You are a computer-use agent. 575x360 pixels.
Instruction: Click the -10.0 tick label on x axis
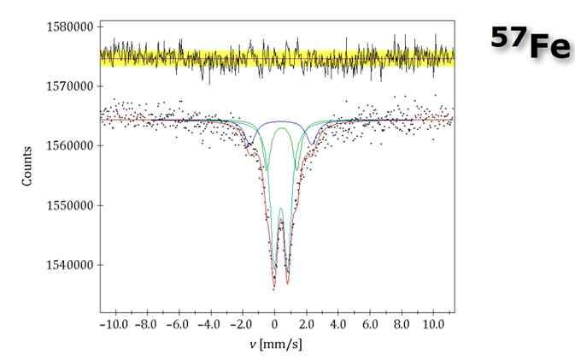coord(114,325)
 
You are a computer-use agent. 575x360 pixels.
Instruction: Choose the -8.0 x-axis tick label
coord(146,325)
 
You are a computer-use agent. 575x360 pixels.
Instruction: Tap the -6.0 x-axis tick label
coord(179,325)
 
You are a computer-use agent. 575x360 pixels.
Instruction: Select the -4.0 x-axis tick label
coord(210,325)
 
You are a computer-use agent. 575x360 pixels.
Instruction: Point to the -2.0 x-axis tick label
coord(243,325)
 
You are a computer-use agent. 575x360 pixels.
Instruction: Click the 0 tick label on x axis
coord(274,325)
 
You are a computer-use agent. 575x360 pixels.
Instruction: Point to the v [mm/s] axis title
coord(275,345)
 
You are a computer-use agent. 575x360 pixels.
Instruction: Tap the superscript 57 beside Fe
coord(508,37)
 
